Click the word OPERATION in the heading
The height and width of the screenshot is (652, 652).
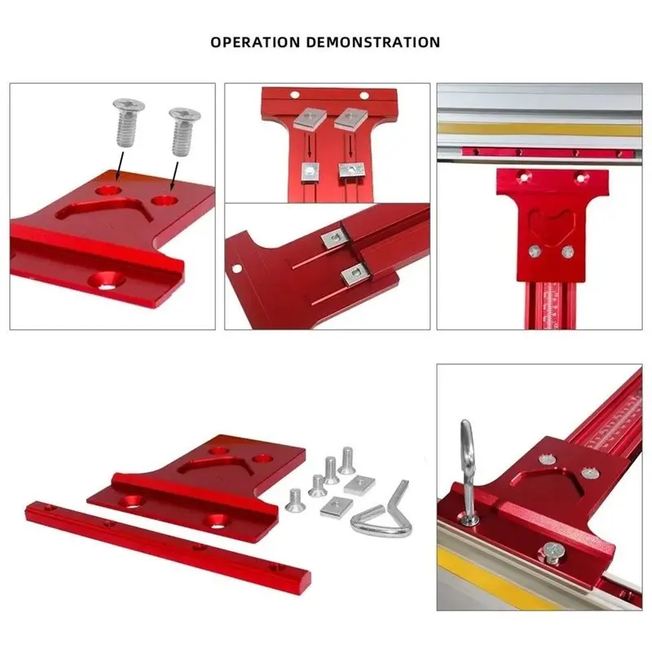(255, 42)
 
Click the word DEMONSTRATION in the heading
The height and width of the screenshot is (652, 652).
(373, 42)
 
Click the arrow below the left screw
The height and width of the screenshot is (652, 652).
(119, 165)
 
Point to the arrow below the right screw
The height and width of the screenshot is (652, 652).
(174, 176)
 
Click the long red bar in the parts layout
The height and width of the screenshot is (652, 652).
(168, 547)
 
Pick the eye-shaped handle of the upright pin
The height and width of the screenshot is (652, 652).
(467, 446)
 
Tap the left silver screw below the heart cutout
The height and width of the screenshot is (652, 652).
(535, 251)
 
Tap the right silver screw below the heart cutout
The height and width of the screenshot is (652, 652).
(567, 251)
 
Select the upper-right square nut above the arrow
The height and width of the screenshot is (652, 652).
(351, 117)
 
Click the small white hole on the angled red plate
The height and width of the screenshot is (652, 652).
(237, 269)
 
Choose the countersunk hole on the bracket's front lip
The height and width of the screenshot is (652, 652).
(106, 282)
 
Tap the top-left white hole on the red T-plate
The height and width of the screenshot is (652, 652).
(295, 95)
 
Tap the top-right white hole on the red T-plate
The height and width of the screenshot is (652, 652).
(364, 95)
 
